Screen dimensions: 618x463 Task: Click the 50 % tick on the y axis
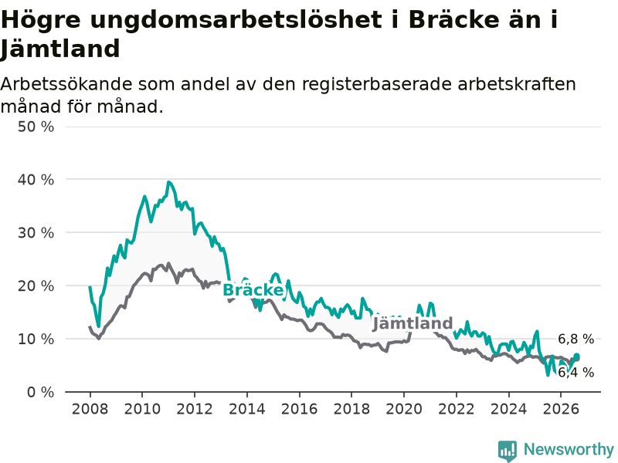coord(36,127)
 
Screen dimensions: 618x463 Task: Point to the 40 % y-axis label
coord(36,180)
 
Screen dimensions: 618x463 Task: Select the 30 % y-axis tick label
coord(36,233)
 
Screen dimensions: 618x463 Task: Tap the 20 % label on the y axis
coord(36,286)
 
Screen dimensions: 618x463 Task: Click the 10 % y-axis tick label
coord(36,339)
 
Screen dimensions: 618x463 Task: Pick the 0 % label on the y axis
coord(41,392)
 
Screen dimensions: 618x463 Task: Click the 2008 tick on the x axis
coord(90,409)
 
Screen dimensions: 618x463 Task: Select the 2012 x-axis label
coord(195,409)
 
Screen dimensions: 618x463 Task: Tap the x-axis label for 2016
coord(299,409)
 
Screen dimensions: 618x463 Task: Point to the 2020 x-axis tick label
coord(404,409)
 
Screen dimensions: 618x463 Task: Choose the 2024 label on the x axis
coord(508,409)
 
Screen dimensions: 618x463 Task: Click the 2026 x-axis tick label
coord(561,409)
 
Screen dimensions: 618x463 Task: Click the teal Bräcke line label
coord(253,290)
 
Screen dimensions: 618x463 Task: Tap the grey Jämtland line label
coord(413,323)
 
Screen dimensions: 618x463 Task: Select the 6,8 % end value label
coord(576,339)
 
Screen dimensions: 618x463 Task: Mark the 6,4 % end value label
coord(576,372)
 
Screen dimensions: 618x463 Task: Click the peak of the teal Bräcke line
coord(168,182)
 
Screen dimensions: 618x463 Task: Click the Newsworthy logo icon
coord(508,451)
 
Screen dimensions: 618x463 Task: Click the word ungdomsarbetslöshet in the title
coord(236,21)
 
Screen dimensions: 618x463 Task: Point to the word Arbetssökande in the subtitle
coord(66,84)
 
